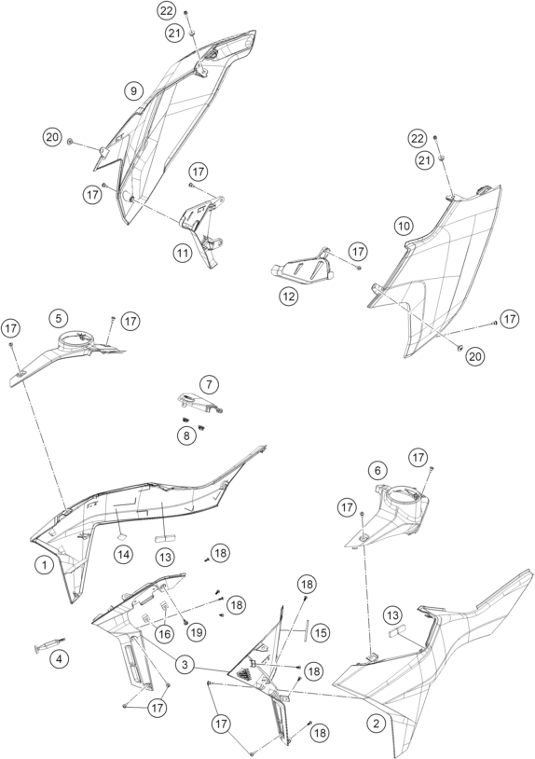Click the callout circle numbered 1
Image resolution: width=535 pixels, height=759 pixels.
point(44,564)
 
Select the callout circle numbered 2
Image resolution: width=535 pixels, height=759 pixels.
point(376,724)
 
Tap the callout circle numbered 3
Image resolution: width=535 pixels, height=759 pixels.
point(185,665)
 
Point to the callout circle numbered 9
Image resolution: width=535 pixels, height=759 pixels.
point(133,90)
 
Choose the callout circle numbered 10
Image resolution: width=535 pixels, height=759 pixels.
point(404,226)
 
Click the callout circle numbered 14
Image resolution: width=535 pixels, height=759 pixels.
point(123,555)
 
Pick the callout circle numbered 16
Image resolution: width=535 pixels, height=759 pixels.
point(165,634)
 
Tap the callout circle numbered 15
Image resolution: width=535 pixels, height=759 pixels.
point(319,632)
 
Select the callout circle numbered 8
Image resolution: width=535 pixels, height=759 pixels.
point(186,435)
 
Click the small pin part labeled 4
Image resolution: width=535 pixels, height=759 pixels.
point(48,645)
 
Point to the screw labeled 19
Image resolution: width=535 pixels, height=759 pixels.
point(186,622)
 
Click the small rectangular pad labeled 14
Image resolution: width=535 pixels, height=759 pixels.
point(121,536)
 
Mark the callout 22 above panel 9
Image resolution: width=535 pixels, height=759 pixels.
point(166,10)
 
